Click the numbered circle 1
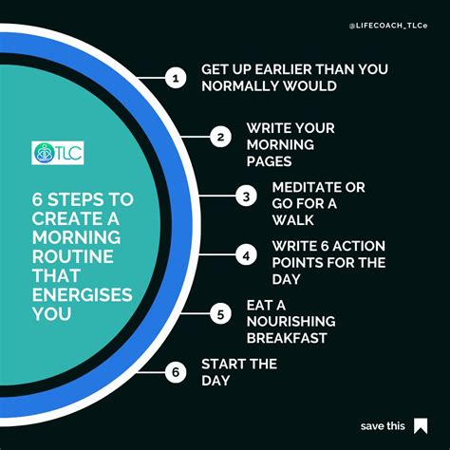pyautogui.click(x=174, y=79)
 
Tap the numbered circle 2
pyautogui.click(x=220, y=138)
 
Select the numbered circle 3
pyautogui.click(x=246, y=197)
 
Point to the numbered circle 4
pyautogui.click(x=246, y=254)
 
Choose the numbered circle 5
pyautogui.click(x=220, y=313)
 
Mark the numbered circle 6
pyautogui.click(x=174, y=372)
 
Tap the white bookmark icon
pyautogui.click(x=421, y=425)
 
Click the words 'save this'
pyautogui.click(x=383, y=425)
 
